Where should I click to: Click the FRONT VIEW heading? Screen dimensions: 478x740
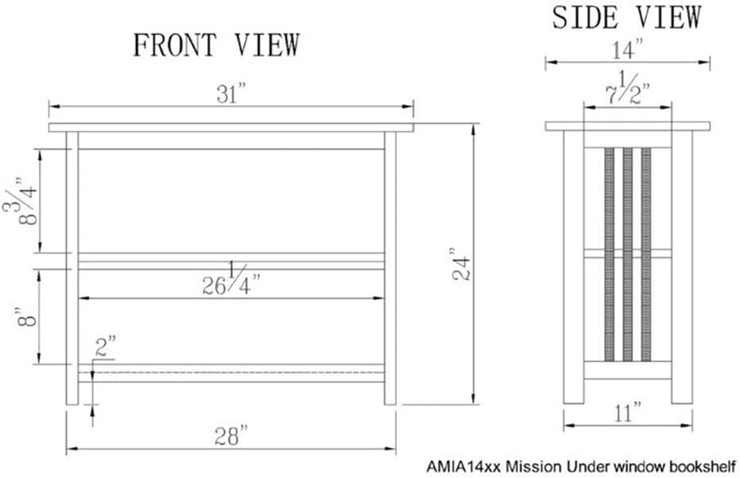(216, 45)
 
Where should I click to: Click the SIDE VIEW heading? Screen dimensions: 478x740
(627, 17)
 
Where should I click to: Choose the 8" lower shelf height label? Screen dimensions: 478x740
(28, 316)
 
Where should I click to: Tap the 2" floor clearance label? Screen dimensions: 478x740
(106, 346)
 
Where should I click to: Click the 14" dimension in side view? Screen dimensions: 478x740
(627, 50)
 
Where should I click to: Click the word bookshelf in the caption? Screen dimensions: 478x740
(698, 464)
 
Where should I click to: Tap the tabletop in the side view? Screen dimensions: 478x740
(627, 126)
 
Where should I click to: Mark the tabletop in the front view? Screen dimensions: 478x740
(232, 127)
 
